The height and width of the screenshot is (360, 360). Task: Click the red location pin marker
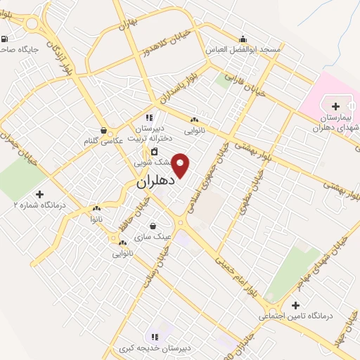coord(181,165)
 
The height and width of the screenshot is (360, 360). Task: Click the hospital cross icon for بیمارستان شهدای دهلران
coord(335,106)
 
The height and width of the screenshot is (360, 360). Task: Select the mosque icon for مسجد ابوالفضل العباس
coord(243,39)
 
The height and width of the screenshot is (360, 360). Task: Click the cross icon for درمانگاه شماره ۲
coord(39,193)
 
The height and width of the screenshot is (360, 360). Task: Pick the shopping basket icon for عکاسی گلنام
coord(104,130)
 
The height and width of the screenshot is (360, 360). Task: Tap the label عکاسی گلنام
coord(104,141)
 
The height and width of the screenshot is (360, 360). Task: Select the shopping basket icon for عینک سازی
coord(153,226)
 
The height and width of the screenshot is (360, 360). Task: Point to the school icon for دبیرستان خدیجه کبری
coord(155,337)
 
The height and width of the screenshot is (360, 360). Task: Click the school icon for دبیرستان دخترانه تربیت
coord(149,117)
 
